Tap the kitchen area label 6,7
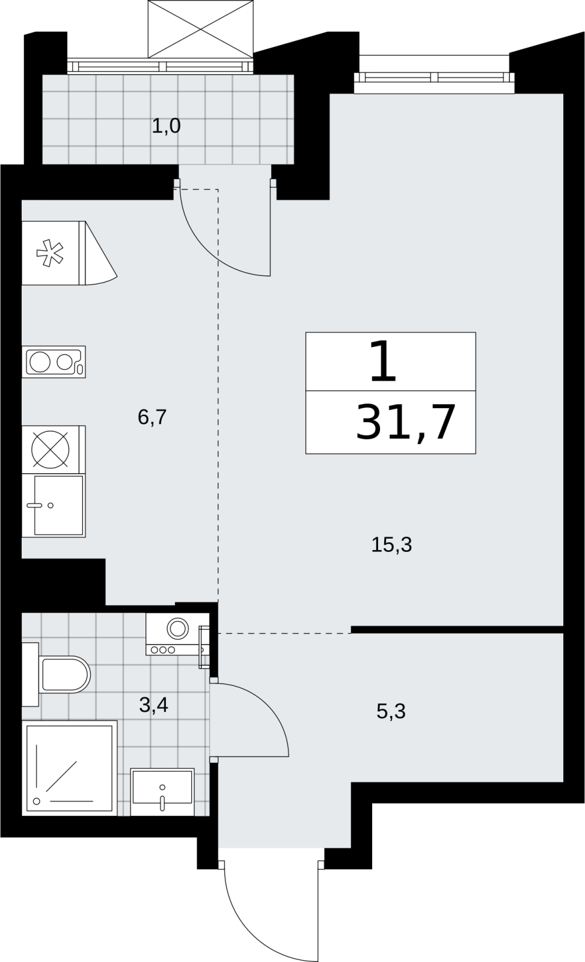152,417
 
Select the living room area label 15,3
391,545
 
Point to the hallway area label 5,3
391,711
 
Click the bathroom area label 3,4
153,705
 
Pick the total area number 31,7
405,423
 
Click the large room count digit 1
383,361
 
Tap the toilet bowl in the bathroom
64,674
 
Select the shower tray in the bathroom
70,767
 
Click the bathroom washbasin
162,791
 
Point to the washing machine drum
177,629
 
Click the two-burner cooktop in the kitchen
54,361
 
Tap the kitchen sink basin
58,505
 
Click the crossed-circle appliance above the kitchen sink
51,449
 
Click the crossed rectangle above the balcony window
201,29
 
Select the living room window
434,77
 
